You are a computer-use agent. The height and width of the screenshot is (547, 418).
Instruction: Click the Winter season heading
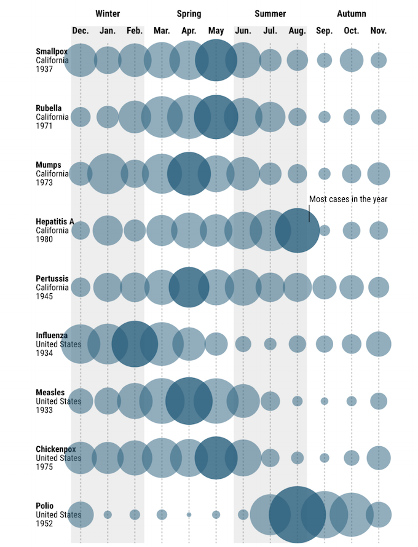pyautogui.click(x=108, y=14)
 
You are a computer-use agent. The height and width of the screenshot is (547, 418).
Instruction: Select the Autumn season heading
pyautogui.click(x=351, y=14)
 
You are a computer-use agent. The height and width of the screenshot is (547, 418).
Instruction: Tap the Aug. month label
pyautogui.click(x=297, y=31)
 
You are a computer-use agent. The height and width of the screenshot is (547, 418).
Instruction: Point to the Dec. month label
pyautogui.click(x=81, y=31)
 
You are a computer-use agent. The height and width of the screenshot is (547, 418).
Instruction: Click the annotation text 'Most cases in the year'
pyautogui.click(x=348, y=199)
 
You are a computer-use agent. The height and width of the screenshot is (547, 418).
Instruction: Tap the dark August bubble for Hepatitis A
pyautogui.click(x=297, y=230)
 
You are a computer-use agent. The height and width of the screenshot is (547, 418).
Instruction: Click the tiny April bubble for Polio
pyautogui.click(x=189, y=514)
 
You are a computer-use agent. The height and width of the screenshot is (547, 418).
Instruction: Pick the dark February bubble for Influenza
pyautogui.click(x=135, y=344)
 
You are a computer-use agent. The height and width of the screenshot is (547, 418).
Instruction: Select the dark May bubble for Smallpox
pyautogui.click(x=216, y=60)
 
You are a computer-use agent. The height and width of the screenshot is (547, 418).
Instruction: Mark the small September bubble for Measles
pyautogui.click(x=325, y=401)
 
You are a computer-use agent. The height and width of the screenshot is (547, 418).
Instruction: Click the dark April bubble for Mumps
pyautogui.click(x=189, y=174)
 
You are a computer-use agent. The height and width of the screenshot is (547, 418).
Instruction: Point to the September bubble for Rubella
pyautogui.click(x=325, y=117)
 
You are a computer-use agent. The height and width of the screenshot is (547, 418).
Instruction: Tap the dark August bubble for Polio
pyautogui.click(x=297, y=514)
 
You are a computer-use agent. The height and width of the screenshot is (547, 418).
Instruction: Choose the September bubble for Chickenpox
pyautogui.click(x=325, y=458)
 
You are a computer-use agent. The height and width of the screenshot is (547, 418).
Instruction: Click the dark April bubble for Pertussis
pyautogui.click(x=189, y=287)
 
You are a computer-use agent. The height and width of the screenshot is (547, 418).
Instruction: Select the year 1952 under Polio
pyautogui.click(x=44, y=524)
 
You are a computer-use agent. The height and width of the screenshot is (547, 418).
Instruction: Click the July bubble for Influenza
pyautogui.click(x=270, y=344)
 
